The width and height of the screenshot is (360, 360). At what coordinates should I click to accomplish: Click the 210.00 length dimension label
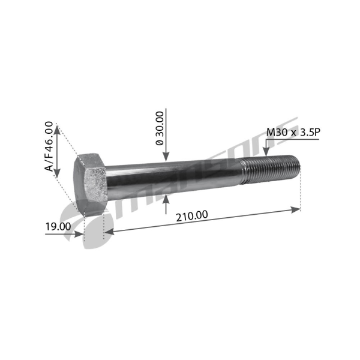[x=192, y=216]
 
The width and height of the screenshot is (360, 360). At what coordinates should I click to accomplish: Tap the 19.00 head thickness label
[x=58, y=227]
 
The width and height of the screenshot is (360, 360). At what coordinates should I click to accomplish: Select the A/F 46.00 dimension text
[x=49, y=146]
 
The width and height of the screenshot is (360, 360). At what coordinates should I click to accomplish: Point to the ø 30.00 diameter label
[x=160, y=128]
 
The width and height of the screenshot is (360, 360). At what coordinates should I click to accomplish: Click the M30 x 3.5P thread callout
[x=293, y=132]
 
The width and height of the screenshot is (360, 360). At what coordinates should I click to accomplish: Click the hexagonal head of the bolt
[x=90, y=184]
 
